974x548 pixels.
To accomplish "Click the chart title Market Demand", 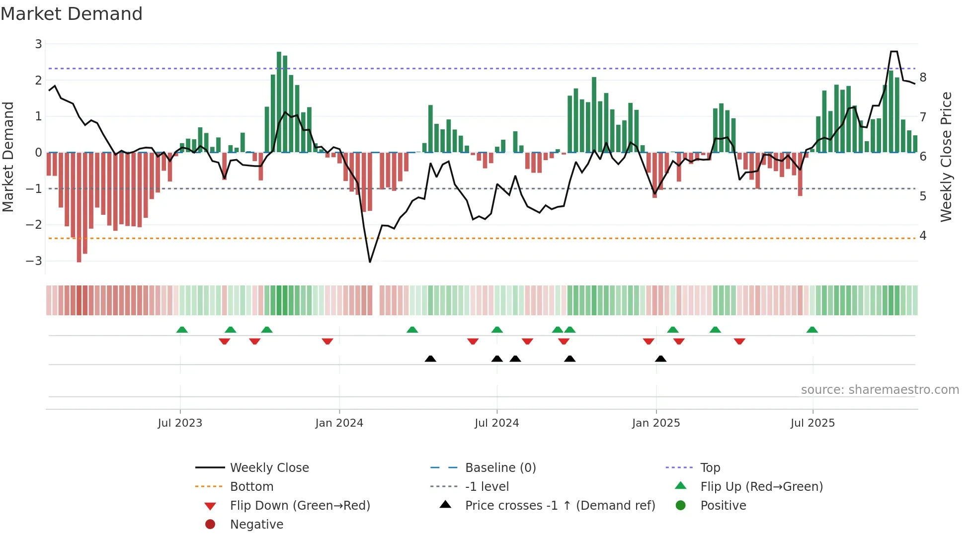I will pyautogui.click(x=72, y=14).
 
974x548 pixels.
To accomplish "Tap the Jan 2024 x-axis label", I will pyautogui.click(x=339, y=423).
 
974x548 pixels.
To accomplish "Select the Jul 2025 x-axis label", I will pyautogui.click(x=812, y=423).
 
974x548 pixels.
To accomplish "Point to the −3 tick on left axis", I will pyautogui.click(x=34, y=261).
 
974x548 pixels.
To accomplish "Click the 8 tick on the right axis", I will pyautogui.click(x=923, y=78).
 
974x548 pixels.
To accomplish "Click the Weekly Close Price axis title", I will pyautogui.click(x=946, y=157).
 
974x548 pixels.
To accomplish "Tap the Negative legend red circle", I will pyautogui.click(x=210, y=525).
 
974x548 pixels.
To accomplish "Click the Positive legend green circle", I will pyautogui.click(x=681, y=506).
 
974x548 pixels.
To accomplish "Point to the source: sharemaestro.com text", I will pyautogui.click(x=880, y=390).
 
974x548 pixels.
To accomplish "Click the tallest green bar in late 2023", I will pyautogui.click(x=279, y=102).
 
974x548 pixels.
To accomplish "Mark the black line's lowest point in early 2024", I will pyautogui.click(x=370, y=262).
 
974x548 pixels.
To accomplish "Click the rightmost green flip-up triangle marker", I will pyautogui.click(x=812, y=330).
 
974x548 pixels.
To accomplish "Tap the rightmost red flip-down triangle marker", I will pyautogui.click(x=739, y=341).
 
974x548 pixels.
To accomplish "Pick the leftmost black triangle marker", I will pyautogui.click(x=430, y=359).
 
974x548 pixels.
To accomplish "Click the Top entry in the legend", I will pyautogui.click(x=710, y=468).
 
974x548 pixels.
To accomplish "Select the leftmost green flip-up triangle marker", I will pyautogui.click(x=182, y=330).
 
